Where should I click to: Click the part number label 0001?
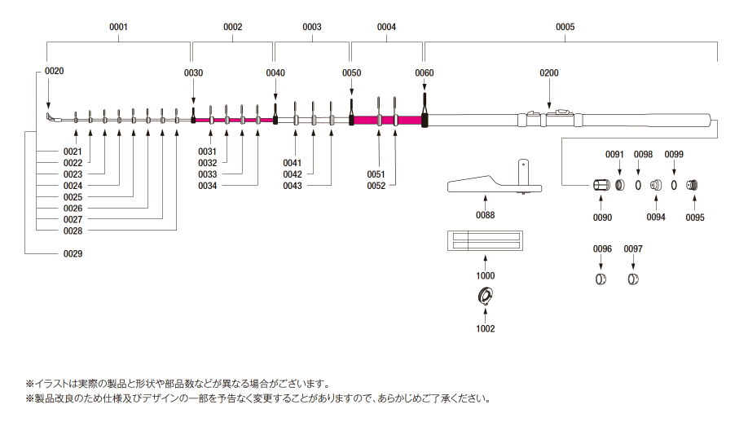119,27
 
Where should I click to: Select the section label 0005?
565,27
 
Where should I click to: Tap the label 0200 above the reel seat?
549,73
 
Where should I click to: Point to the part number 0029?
73,253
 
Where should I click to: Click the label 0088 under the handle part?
486,215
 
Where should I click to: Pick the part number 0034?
208,186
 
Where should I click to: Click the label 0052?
376,186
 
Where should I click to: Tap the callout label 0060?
425,73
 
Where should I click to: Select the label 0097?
633,248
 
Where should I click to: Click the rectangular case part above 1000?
485,243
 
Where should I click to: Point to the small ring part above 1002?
485,299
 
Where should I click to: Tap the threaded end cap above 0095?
694,185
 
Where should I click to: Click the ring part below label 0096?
601,280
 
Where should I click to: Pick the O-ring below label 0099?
674,185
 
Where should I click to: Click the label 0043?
293,186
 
